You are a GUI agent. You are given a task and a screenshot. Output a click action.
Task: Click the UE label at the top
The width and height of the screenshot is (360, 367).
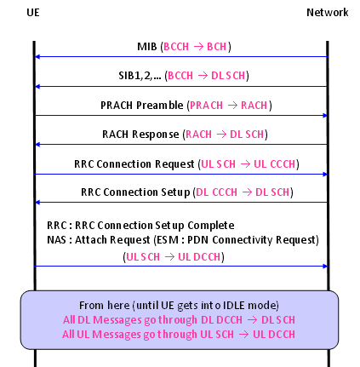tap(33, 13)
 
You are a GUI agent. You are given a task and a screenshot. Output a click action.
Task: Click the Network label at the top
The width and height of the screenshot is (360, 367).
tap(328, 13)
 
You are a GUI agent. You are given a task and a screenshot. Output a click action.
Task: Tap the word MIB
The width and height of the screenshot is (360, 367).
tap(147, 47)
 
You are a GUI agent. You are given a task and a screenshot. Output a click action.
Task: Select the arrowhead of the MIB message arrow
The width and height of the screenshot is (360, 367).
tap(37, 57)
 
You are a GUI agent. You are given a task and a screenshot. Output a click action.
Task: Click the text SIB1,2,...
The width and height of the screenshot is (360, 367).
tap(140, 76)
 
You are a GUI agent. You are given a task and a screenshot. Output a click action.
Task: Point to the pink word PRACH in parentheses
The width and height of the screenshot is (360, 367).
tap(206, 106)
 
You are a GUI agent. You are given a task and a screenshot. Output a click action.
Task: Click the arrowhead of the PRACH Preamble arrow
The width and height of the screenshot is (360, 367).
tap(325, 116)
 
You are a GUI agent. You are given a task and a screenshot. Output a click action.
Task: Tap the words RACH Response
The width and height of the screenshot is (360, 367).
tap(140, 135)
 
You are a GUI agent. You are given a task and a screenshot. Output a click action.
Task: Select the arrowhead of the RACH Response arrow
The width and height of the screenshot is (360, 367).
tap(37, 145)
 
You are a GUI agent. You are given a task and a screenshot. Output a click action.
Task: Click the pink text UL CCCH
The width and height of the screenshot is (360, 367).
tap(275, 164)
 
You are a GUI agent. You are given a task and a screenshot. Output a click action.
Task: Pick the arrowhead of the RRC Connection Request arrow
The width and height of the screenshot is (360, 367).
tap(325, 174)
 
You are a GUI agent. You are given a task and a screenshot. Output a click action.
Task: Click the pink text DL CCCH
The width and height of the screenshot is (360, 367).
tap(216, 192)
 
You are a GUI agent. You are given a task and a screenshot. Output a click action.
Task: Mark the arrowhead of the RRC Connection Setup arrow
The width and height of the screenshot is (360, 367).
tap(37, 203)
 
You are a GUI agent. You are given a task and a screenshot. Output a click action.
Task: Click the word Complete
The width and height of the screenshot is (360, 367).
tap(211, 226)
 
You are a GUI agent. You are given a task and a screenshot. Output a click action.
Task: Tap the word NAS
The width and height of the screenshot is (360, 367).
tap(56, 240)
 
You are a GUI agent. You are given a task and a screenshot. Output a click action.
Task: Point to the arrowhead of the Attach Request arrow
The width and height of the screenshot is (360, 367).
tap(325, 267)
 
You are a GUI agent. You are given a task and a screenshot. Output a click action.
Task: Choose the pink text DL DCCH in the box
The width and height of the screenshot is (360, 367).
tap(221, 320)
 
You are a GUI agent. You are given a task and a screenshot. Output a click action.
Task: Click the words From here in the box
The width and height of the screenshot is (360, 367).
tap(104, 306)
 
